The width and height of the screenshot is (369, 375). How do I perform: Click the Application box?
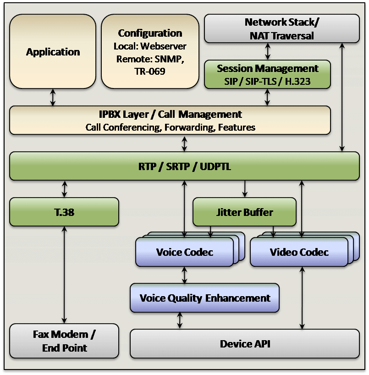(x=53, y=51)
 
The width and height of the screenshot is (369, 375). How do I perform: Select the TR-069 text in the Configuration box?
(x=150, y=71)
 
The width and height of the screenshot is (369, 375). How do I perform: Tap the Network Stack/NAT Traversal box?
(x=282, y=28)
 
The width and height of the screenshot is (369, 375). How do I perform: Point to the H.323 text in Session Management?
(x=298, y=82)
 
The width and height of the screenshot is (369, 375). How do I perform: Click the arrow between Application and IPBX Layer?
(x=53, y=97)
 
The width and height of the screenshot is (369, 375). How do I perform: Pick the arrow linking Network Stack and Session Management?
(x=268, y=51)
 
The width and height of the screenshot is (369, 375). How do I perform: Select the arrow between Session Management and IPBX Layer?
(x=267, y=97)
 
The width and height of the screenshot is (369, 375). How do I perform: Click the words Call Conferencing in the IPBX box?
(x=123, y=127)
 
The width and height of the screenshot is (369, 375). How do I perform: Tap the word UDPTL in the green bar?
(x=215, y=166)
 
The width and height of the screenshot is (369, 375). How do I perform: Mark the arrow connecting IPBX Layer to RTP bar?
(x=184, y=143)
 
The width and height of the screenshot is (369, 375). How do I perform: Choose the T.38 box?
(x=64, y=212)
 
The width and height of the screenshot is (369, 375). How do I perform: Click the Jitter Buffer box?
(x=244, y=212)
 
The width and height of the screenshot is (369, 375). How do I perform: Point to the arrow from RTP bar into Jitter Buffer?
(x=245, y=189)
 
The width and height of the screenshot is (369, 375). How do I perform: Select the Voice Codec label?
(x=185, y=252)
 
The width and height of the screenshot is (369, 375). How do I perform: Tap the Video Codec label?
(x=299, y=252)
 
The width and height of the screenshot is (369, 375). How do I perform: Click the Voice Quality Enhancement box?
(x=205, y=298)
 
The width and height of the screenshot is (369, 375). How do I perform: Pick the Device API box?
(x=245, y=344)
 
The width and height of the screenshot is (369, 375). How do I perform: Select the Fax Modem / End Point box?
(x=64, y=341)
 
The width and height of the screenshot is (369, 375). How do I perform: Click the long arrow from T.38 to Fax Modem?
(x=64, y=275)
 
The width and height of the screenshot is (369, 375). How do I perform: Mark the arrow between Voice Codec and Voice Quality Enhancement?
(x=184, y=275)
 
